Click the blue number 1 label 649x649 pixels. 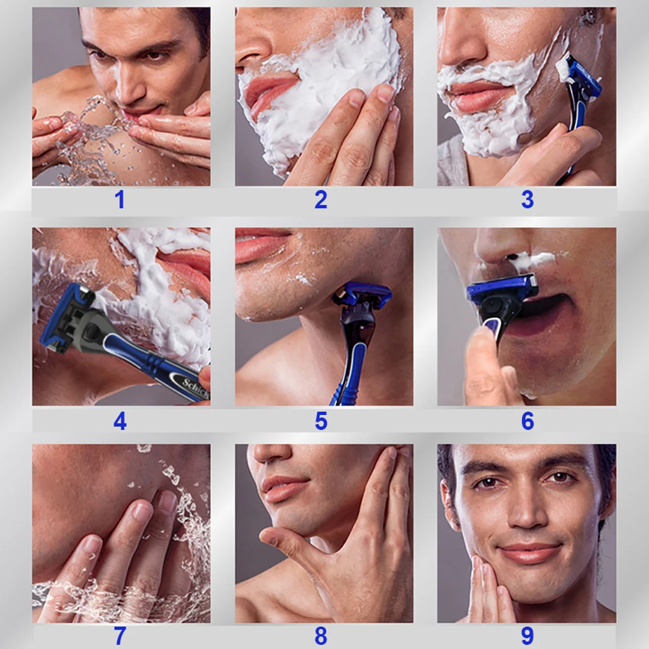(119, 201)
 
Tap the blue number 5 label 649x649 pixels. (321, 422)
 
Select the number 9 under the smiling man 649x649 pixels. (527, 635)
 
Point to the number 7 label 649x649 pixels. (119, 636)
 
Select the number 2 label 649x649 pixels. (321, 201)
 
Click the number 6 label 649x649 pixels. (527, 422)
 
